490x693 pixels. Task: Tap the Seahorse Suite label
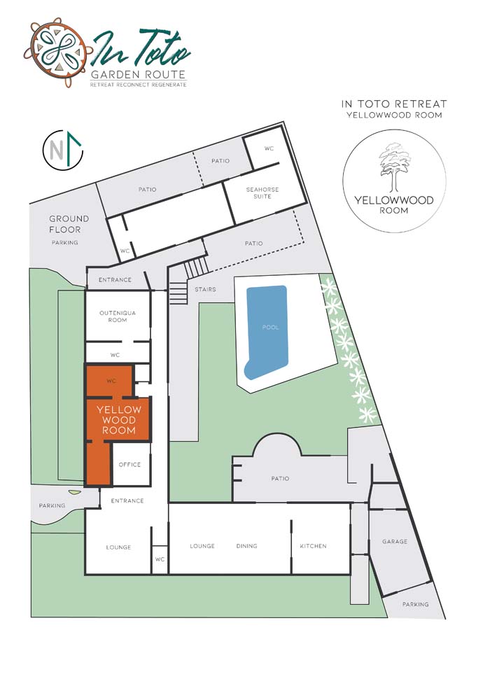[262, 192]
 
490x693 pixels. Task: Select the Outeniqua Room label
[118, 316]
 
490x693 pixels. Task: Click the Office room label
[129, 465]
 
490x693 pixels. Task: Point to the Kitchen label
[314, 546]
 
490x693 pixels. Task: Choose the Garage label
[395, 541]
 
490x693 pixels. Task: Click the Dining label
[246, 546]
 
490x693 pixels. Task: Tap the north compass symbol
[63, 150]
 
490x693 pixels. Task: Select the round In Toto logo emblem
[56, 52]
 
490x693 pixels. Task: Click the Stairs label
[206, 290]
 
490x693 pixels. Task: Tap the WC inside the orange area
[111, 381]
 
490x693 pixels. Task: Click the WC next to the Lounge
[160, 559]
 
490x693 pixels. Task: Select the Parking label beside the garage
[415, 604]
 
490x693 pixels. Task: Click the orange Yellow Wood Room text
[119, 420]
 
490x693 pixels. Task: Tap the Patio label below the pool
[280, 478]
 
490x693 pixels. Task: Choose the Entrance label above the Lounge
[127, 500]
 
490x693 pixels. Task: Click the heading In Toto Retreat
[394, 104]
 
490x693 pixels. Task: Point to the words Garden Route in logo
[138, 74]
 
